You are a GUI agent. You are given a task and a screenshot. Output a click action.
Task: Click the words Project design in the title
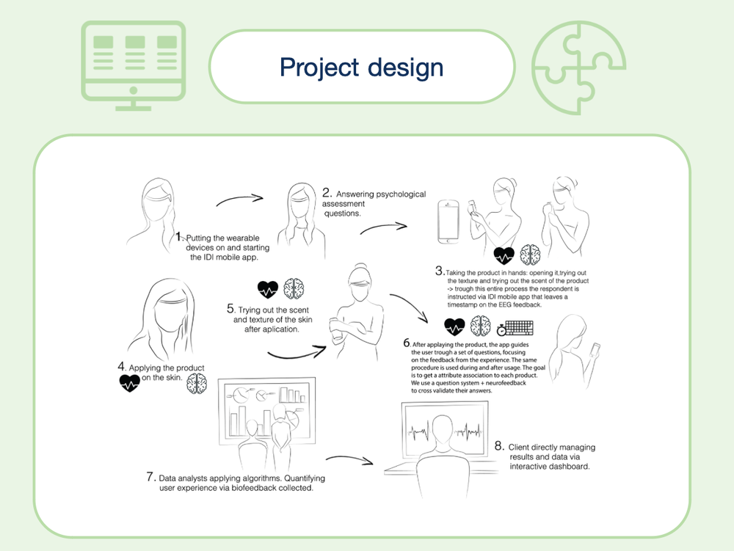[x=361, y=67]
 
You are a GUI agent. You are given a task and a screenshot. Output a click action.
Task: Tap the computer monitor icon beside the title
[x=133, y=65]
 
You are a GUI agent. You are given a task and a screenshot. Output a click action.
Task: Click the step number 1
[x=179, y=237]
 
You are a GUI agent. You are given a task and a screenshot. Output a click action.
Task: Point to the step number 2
[x=327, y=193]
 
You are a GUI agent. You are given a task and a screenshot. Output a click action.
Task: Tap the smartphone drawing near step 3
[x=448, y=222]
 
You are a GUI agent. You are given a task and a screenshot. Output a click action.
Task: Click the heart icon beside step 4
[x=129, y=382]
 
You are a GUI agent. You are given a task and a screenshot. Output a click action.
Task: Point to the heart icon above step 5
[x=268, y=288]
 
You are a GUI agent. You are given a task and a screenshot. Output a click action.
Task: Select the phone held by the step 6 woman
[x=594, y=343]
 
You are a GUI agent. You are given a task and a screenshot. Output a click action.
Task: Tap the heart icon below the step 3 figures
[x=504, y=255]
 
